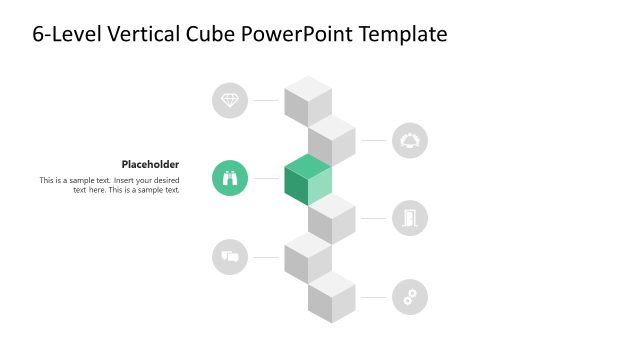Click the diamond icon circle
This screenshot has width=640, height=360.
230,100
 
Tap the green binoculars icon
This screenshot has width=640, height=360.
230,178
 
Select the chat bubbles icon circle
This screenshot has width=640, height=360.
230,257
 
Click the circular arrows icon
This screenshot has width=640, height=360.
409,140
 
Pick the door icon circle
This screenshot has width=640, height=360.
409,218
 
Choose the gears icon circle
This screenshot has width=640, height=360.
409,296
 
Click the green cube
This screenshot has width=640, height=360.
307,180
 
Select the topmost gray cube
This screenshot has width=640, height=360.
307,100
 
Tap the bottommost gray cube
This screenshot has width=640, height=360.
332,298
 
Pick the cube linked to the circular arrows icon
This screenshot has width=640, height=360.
332,140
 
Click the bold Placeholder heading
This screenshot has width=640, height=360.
150,164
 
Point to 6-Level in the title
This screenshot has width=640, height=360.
67,34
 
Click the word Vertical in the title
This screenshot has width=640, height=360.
147,34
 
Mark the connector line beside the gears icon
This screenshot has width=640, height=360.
373,297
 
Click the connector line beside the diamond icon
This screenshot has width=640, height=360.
265,100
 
